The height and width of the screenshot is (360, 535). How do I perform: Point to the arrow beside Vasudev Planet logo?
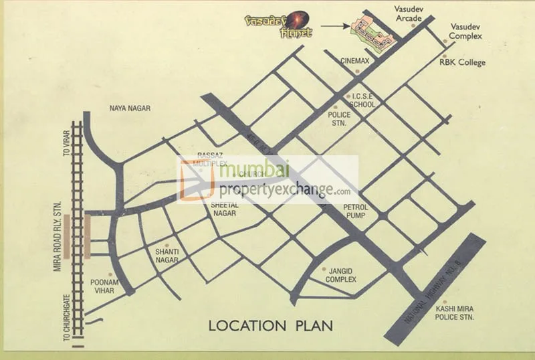pyautogui.click(x=333, y=27)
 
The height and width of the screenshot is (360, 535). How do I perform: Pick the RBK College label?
pyautogui.click(x=462, y=63)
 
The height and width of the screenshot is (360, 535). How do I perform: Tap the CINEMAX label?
pyautogui.click(x=354, y=61)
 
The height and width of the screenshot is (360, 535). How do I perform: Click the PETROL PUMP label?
pyautogui.click(x=355, y=211)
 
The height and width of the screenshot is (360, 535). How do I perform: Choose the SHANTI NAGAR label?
pyautogui.click(x=166, y=255)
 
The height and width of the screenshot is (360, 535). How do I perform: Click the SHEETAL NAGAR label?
pyautogui.click(x=225, y=208)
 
